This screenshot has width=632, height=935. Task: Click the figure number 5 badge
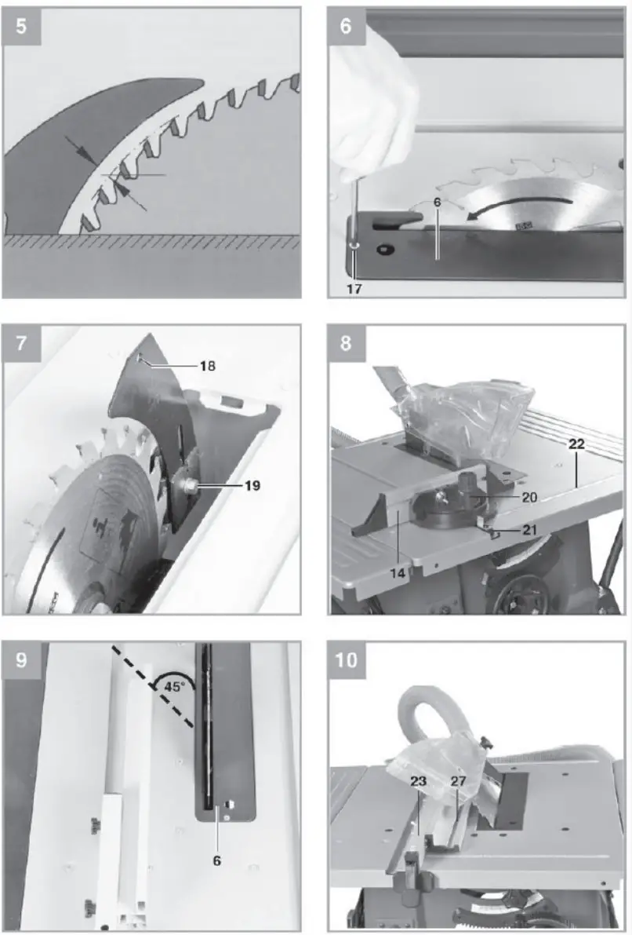click(x=21, y=25)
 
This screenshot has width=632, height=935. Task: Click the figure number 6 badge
click(x=346, y=25)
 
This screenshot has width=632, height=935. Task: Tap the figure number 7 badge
click(x=21, y=343)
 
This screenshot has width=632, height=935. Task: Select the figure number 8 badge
click(x=346, y=343)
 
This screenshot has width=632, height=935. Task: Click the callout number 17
click(x=354, y=288)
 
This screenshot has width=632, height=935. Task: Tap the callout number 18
click(x=206, y=366)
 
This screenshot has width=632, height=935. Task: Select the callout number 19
click(x=250, y=486)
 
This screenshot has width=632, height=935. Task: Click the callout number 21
click(x=529, y=530)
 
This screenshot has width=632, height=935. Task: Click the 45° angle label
click(x=174, y=685)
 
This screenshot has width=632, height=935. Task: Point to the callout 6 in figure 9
click(x=217, y=860)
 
